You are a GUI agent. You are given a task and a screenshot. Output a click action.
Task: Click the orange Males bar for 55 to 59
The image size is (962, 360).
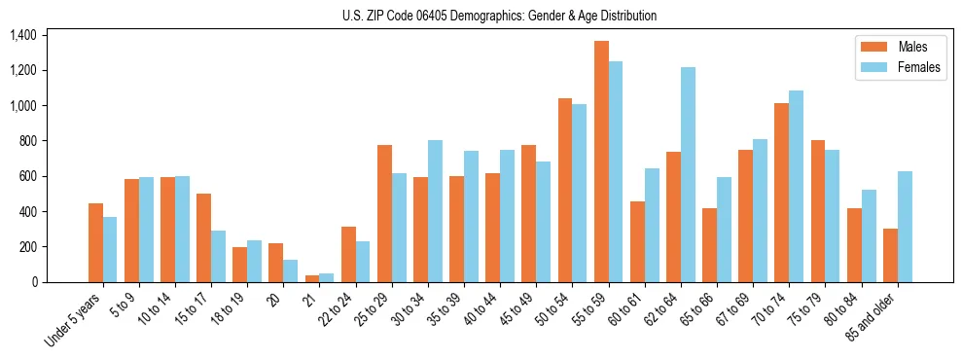pyautogui.click(x=601, y=162)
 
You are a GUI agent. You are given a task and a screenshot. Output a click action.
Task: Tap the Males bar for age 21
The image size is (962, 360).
pyautogui.click(x=312, y=278)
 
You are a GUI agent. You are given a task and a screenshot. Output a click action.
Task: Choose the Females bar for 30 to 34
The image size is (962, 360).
pyautogui.click(x=435, y=211)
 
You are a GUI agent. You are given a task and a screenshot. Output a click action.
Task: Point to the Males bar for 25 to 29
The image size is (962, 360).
pyautogui.click(x=384, y=214)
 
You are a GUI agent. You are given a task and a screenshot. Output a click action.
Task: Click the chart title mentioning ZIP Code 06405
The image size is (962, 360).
pyautogui.click(x=499, y=16)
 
